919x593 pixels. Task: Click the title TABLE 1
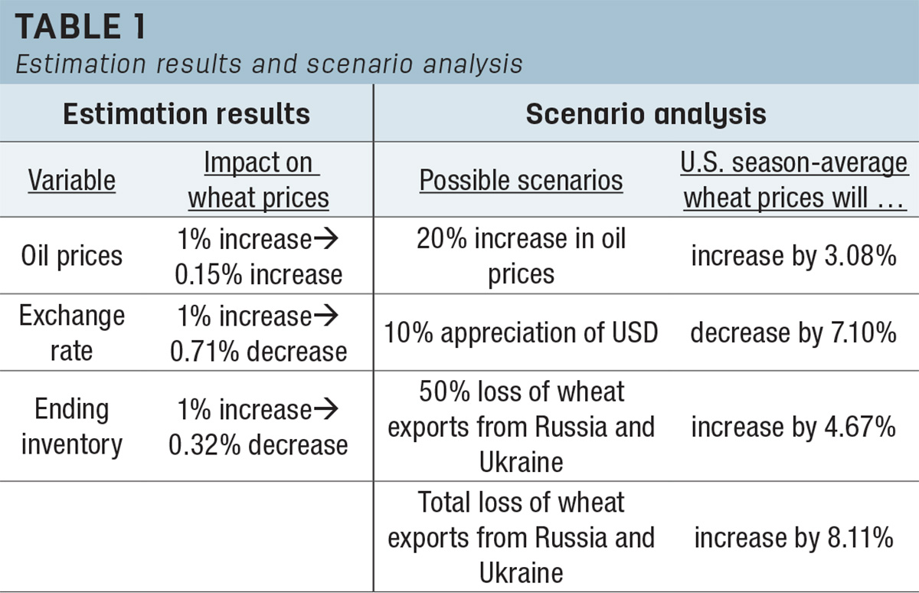[x=80, y=27]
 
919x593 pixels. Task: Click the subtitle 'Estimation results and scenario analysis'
[x=269, y=64]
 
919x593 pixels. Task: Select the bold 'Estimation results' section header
[x=187, y=113]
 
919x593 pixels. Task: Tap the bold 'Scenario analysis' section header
[x=646, y=113]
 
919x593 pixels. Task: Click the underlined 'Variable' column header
[x=72, y=180]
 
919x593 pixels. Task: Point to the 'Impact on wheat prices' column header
[x=259, y=180]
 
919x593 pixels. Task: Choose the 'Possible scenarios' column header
[x=521, y=180]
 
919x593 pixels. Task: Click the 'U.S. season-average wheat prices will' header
[x=794, y=180]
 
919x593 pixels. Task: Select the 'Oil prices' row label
[x=72, y=256]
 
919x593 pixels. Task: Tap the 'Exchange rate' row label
[x=72, y=333]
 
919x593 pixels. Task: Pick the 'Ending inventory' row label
[x=72, y=427]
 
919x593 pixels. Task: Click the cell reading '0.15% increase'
[x=259, y=274]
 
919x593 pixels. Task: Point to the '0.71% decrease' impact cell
[x=259, y=352]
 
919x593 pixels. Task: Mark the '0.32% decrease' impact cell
[x=259, y=445]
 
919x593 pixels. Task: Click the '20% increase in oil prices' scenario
[x=521, y=256]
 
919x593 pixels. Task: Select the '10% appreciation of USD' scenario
[x=521, y=333]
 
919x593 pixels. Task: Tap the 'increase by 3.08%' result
[x=794, y=256]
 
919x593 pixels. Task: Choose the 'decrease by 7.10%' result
[x=794, y=333]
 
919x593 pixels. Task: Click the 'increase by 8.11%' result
[x=794, y=538]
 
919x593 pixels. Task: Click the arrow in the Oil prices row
[x=326, y=238]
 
